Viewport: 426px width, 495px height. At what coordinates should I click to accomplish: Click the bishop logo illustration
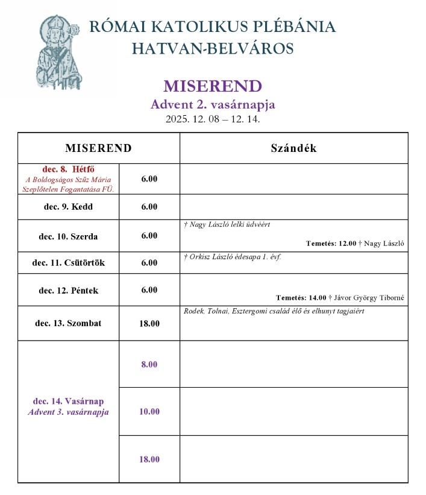pyautogui.click(x=58, y=54)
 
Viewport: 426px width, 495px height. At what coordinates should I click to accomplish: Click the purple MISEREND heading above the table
pyautogui.click(x=213, y=86)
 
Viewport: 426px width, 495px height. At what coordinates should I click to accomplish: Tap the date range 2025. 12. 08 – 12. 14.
pyautogui.click(x=213, y=119)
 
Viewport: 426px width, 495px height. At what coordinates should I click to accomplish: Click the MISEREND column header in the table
pyautogui.click(x=98, y=148)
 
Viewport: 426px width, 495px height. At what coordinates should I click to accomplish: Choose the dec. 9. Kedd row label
pyautogui.click(x=68, y=207)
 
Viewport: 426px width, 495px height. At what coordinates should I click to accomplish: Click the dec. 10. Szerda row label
pyautogui.click(x=68, y=236)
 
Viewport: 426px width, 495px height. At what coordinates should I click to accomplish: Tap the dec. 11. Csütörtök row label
pyautogui.click(x=68, y=263)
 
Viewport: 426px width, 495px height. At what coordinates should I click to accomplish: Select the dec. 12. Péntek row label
pyautogui.click(x=68, y=291)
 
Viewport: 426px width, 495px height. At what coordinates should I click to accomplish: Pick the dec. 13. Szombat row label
pyautogui.click(x=68, y=323)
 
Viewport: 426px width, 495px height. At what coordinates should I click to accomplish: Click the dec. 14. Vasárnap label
pyautogui.click(x=68, y=401)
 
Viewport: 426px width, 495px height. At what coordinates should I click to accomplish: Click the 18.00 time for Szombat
pyautogui.click(x=149, y=324)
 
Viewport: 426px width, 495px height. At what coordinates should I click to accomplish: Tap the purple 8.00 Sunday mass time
pyautogui.click(x=149, y=365)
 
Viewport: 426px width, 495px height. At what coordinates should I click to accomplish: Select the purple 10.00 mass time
pyautogui.click(x=149, y=412)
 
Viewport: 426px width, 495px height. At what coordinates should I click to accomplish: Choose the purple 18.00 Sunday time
pyautogui.click(x=149, y=459)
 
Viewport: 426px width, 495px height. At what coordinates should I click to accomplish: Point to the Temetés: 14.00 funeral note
pyautogui.click(x=340, y=297)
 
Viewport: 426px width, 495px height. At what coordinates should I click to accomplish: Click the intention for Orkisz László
pyautogui.click(x=233, y=256)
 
